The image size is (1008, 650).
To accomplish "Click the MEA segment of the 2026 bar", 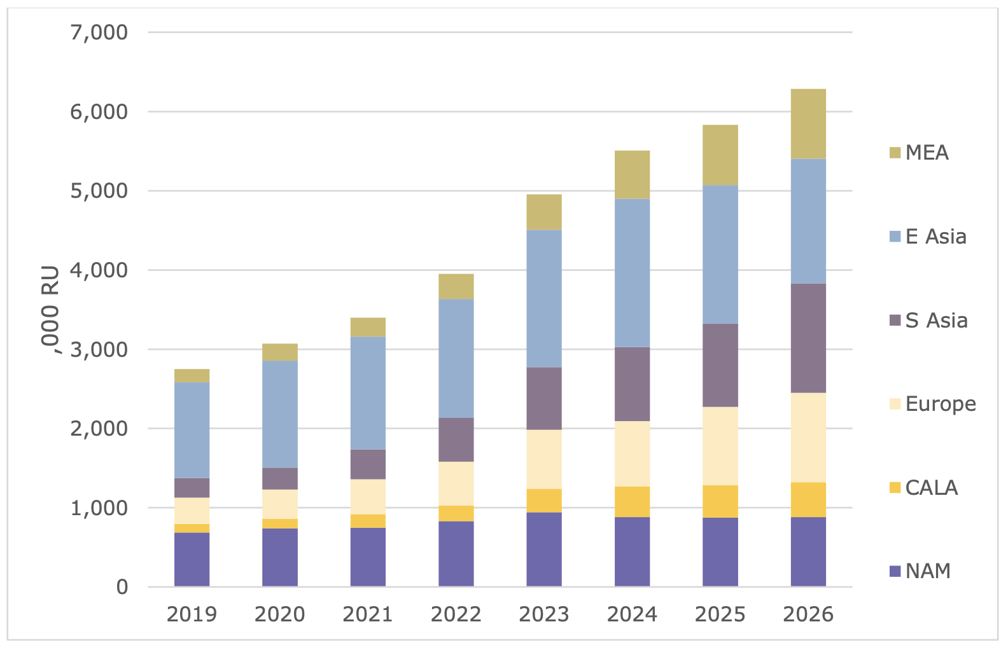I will (x=808, y=124).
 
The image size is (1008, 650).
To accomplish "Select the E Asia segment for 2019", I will (x=192, y=430).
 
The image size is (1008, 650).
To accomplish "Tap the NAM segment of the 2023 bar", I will (x=544, y=550).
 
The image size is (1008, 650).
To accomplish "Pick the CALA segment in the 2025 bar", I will (x=720, y=501).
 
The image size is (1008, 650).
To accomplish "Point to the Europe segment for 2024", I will (x=632, y=453).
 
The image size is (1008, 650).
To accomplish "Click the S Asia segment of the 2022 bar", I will (x=456, y=439).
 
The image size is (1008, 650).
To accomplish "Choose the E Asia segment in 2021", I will (x=368, y=393).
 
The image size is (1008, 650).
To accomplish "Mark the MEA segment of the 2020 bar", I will (x=280, y=352).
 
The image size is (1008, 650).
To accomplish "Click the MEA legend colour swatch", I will (x=895, y=153).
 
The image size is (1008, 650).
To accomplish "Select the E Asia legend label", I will (x=935, y=237).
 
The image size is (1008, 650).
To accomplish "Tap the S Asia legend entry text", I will (x=936, y=320).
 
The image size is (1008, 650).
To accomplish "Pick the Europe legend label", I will (x=941, y=404).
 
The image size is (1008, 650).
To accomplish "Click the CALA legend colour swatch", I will (x=895, y=488).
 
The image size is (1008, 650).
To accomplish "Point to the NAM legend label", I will (x=928, y=571).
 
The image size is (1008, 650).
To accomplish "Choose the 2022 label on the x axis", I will (x=456, y=614).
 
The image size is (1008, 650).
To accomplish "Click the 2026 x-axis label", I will (x=808, y=614).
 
